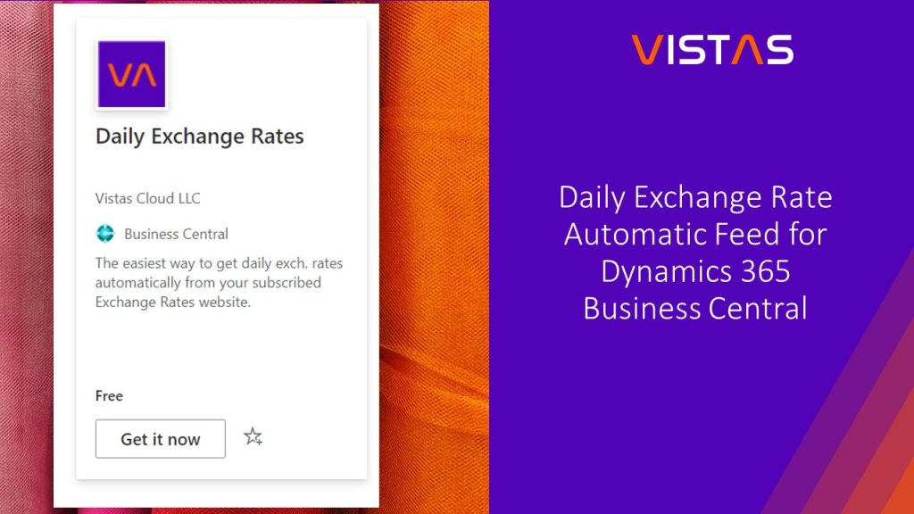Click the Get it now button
[161, 439]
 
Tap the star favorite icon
[253, 437]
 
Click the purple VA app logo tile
[131, 74]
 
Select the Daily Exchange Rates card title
[200, 137]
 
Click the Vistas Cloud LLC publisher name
[148, 198]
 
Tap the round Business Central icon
[105, 234]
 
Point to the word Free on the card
[109, 395]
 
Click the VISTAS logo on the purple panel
[712, 49]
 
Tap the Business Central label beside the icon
[176, 234]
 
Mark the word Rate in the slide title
[801, 197]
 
